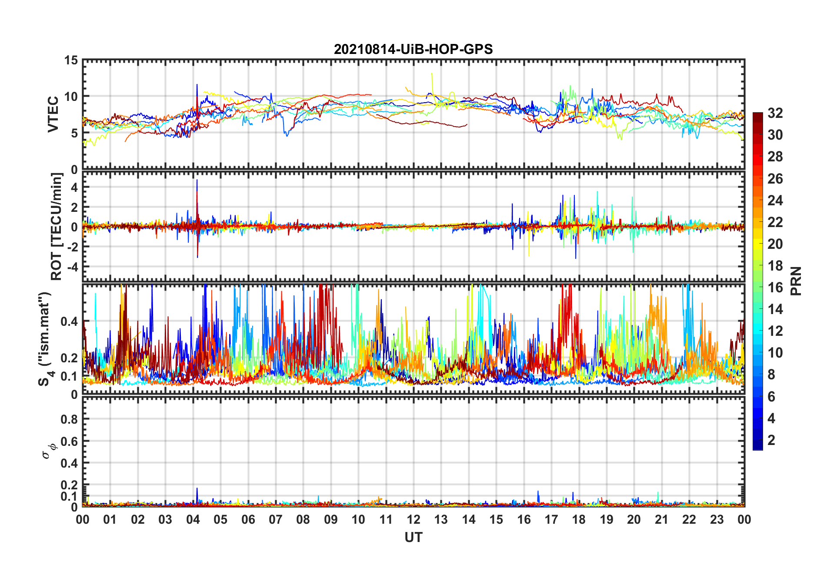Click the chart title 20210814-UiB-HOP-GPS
tap(413, 49)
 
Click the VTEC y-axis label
tap(53, 114)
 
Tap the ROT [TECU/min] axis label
tap(57, 227)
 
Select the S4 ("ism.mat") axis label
tap(45, 339)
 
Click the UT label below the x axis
tap(413, 538)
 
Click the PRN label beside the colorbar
tap(796, 281)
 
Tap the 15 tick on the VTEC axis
tap(71, 60)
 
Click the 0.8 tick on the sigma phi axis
tap(69, 419)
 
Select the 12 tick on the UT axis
tap(413, 519)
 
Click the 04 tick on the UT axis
tap(193, 519)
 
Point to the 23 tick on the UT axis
tap(717, 519)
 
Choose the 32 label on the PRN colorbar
tap(775, 113)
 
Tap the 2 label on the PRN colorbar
tap(771, 440)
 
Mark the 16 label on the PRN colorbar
tap(775, 288)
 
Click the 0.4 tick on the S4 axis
tap(69, 322)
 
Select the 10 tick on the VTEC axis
tap(71, 97)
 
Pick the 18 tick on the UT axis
tap(579, 519)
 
